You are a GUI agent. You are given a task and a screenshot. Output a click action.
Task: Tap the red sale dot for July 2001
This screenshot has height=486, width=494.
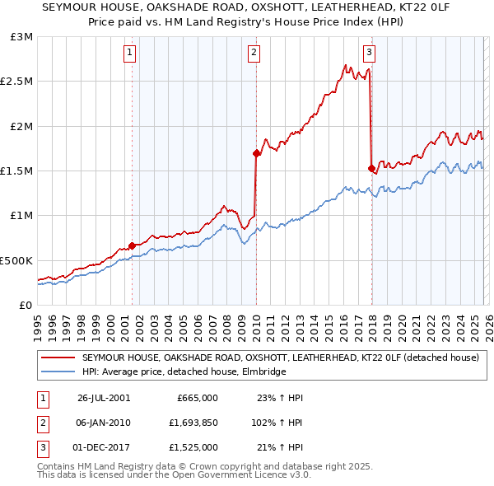(132, 245)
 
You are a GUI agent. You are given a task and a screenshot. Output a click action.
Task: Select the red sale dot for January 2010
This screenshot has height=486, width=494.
(256, 152)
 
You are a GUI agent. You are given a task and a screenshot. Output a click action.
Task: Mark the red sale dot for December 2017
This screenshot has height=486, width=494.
(371, 168)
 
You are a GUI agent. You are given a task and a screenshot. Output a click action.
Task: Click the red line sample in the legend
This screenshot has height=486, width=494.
(58, 358)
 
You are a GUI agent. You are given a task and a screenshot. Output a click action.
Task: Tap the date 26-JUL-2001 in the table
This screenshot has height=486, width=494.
(104, 397)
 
